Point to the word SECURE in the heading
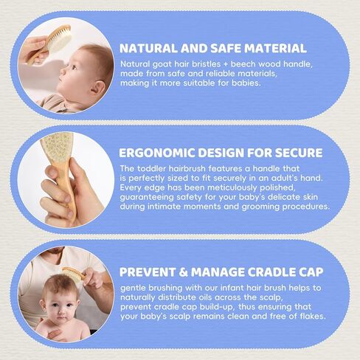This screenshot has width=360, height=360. tap(299, 153)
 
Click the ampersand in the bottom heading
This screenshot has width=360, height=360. tap(184, 272)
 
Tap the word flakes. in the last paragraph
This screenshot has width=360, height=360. tap(311, 316)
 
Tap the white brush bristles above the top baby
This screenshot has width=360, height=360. tap(61, 40)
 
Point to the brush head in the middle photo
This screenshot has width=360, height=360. tap(56, 146)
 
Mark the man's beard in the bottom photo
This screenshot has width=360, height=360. tap(54, 251)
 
